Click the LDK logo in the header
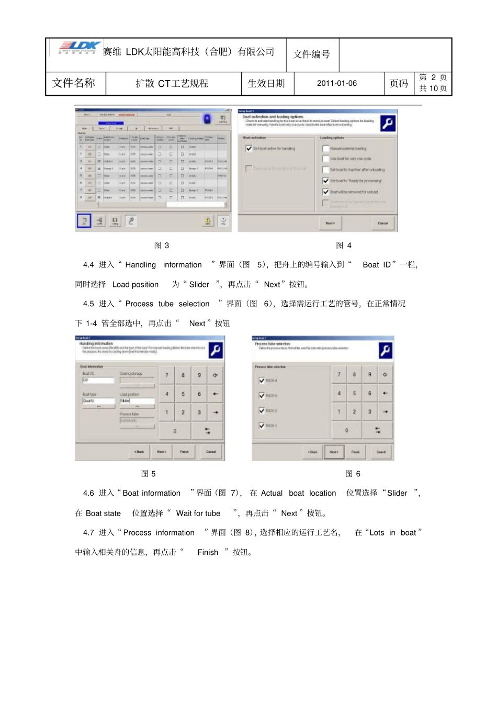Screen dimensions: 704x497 pos(78,47)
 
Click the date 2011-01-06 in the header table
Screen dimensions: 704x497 pos(336,83)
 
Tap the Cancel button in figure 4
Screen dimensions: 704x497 pos(383,223)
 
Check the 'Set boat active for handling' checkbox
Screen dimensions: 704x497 pos(249,149)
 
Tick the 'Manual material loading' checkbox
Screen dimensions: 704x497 pos(325,149)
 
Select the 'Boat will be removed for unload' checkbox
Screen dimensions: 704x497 pos(325,192)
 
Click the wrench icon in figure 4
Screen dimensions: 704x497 pos(387,123)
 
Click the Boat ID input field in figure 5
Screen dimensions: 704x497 pos(98,380)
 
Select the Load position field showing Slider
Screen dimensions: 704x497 pos(137,400)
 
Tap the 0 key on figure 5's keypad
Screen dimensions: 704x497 pos(175,431)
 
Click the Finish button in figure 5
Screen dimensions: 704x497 pos(184,452)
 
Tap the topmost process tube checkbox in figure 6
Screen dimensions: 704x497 pos(262,381)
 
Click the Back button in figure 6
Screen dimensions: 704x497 pos(312,452)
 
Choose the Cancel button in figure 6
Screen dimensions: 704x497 pos(381,452)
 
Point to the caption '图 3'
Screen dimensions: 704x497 pos(161,245)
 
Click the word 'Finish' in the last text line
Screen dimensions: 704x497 pos(208,552)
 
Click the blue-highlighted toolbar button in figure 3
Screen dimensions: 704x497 pos(84,221)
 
